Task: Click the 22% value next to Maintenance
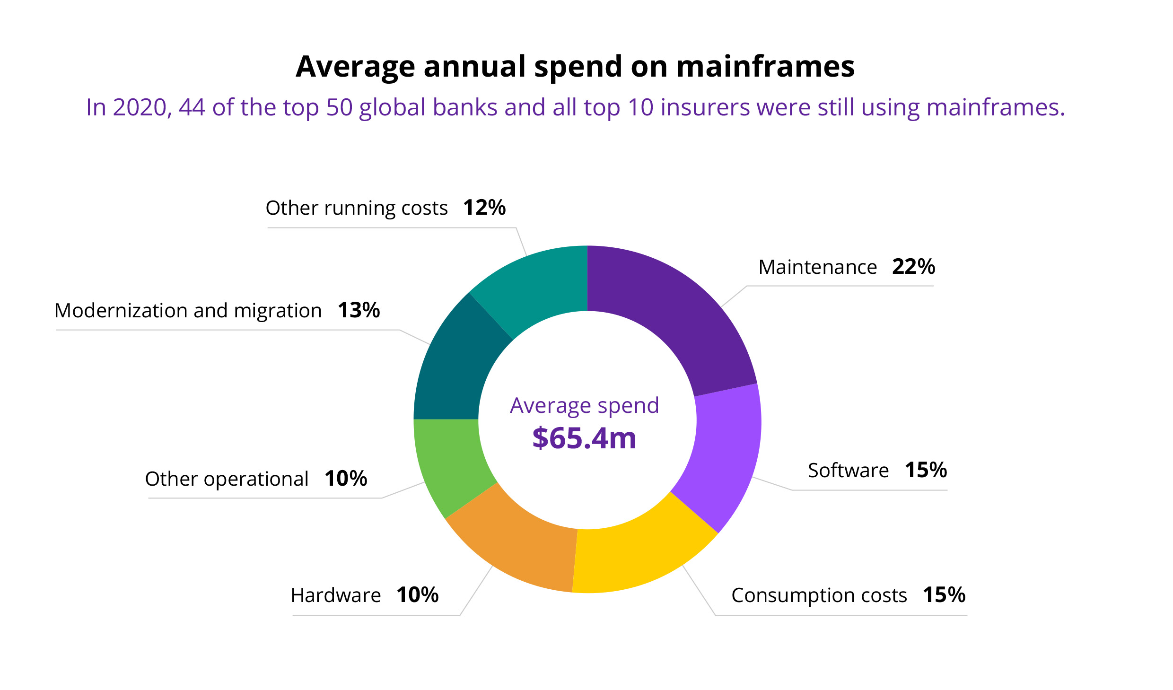coord(913,267)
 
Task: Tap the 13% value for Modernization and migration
coord(359,310)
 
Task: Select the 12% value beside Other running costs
coord(484,208)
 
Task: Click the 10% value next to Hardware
coord(417,595)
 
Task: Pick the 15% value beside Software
coord(926,470)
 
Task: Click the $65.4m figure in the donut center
coord(584,438)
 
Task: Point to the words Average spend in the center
coord(584,406)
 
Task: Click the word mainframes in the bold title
coord(765,66)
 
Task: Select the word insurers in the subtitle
coord(705,107)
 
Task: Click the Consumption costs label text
coord(819,595)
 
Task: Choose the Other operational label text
coord(227,479)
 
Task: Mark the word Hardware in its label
coord(335,595)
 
